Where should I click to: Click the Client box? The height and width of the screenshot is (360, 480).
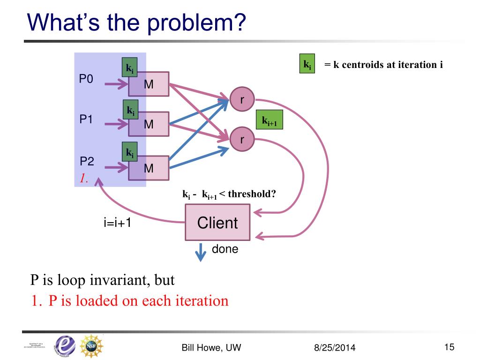coord(217,223)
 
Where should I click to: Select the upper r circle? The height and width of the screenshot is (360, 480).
coord(242,99)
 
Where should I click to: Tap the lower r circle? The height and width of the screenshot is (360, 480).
coord(242,140)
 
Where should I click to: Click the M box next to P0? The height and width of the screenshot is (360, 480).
coord(149,85)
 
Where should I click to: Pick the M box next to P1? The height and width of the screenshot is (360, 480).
coord(149,124)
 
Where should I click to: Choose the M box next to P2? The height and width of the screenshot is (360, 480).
coord(149,168)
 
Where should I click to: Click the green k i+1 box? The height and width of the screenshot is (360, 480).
coord(270,120)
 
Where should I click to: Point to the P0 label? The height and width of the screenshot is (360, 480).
coord(86,79)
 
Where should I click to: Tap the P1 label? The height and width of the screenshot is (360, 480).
coord(86,120)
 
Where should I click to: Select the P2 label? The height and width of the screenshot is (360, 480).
coord(87,162)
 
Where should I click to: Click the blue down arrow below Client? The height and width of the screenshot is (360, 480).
coord(201,252)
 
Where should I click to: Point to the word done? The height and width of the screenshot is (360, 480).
coord(225,249)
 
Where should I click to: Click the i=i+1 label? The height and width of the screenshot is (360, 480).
coord(117,223)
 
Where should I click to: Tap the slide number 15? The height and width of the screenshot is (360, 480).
coord(449,347)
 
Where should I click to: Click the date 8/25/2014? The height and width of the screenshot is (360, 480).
coord(335,348)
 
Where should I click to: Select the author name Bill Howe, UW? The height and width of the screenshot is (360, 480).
coord(211,347)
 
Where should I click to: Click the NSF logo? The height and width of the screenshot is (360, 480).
coord(91,346)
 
